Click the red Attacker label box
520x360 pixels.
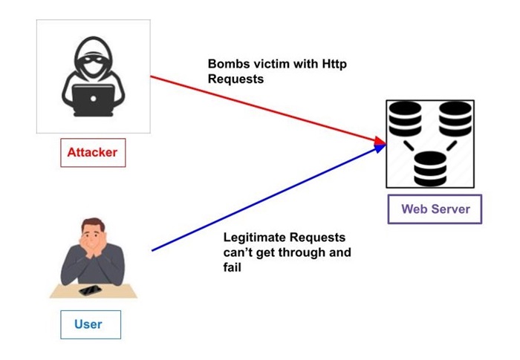pos(93,153)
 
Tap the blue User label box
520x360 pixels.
pos(89,324)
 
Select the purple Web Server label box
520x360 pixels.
pos(435,209)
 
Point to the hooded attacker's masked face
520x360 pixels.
pos(94,59)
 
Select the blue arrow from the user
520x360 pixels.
pos(260,200)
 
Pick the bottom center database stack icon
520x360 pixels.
pos(429,167)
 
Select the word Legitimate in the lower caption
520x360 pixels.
pos(253,238)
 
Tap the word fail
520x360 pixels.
pos(233,268)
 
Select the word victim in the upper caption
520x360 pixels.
pos(267,65)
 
